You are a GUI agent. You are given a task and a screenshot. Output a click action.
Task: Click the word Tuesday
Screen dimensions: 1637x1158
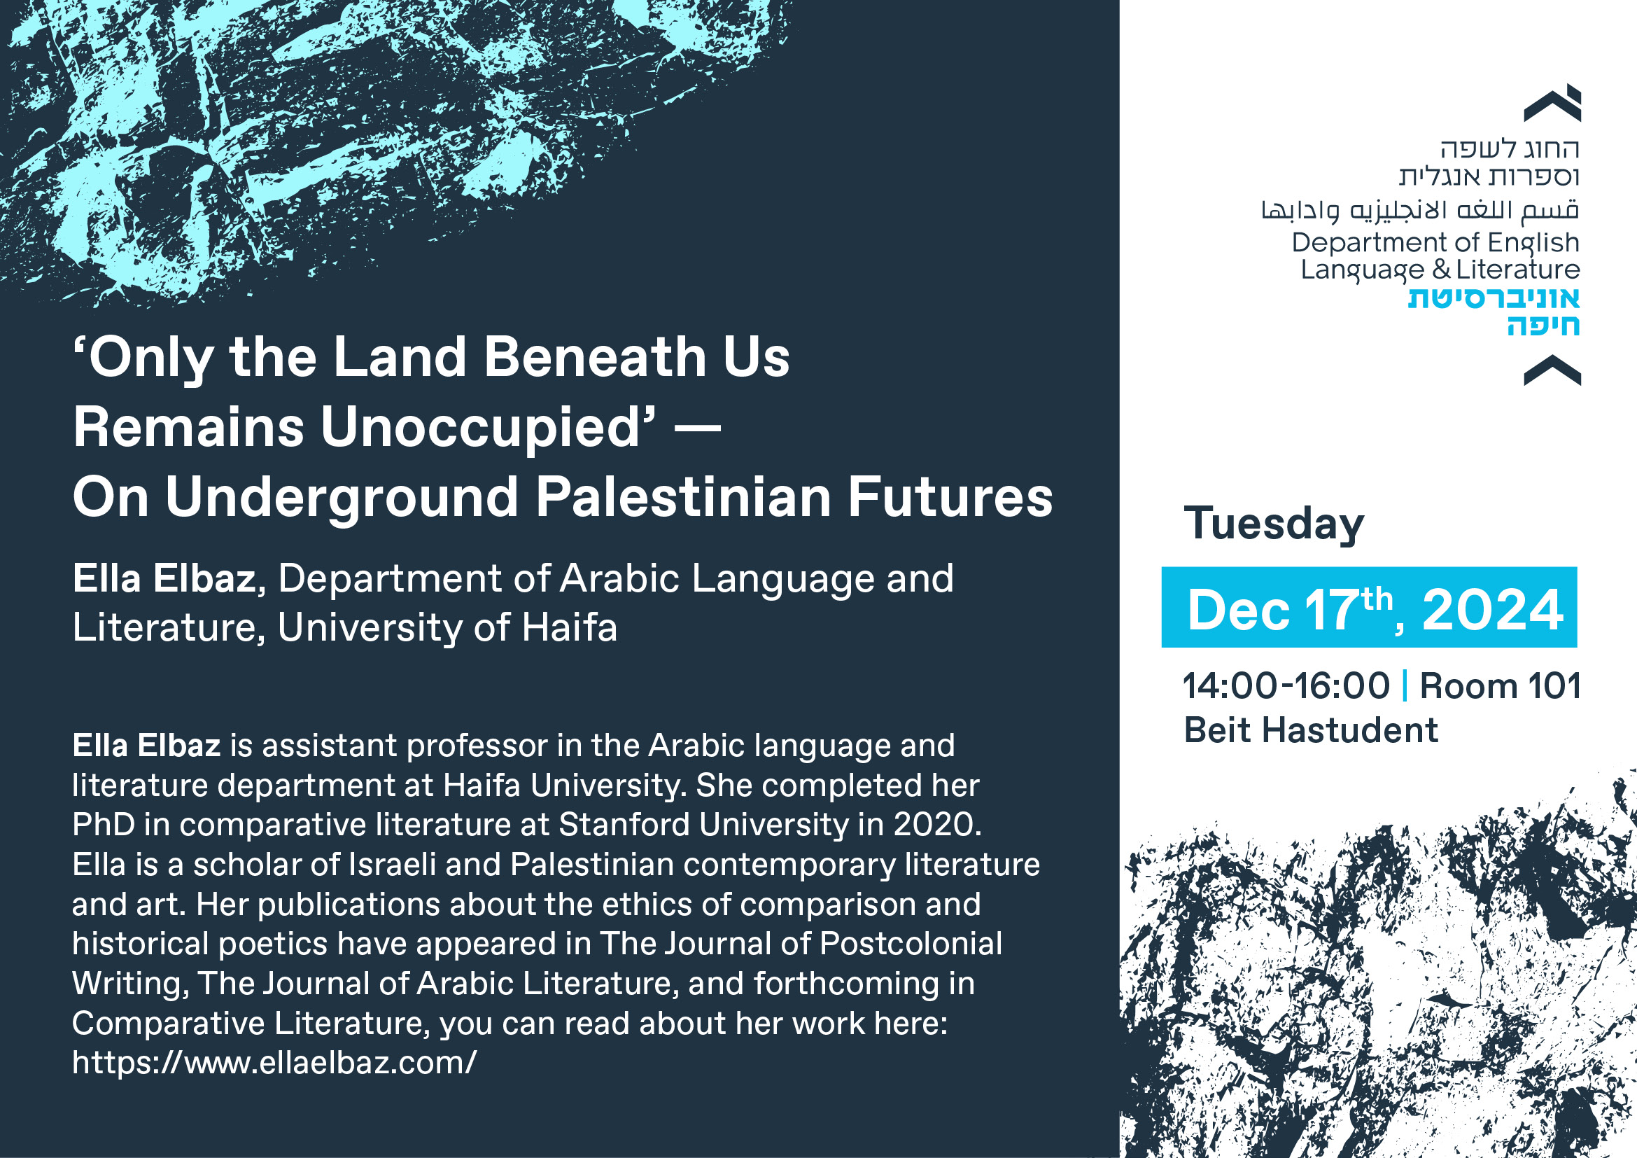coord(1274,525)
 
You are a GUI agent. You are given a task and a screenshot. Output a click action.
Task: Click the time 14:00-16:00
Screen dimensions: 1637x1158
coord(1286,686)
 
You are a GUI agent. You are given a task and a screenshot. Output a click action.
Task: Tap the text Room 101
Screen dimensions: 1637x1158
coord(1500,686)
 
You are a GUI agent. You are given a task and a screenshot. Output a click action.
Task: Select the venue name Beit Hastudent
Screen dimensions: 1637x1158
coord(1310,731)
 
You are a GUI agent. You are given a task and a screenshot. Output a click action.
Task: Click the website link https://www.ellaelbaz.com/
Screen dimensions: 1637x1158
coord(274,1063)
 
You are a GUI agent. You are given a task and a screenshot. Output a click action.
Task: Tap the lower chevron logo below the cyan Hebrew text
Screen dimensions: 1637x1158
coord(1552,370)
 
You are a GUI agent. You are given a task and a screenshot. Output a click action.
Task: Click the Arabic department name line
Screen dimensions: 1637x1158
coord(1420,209)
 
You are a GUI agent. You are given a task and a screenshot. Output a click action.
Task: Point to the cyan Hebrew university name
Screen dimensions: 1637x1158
coord(1494,311)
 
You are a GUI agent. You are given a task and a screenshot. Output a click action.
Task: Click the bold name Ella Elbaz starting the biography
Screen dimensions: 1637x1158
coord(146,746)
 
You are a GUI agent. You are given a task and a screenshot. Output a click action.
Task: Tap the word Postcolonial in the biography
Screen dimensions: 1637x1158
coord(911,944)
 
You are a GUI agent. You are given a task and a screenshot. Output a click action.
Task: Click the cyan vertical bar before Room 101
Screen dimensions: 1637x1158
coord(1405,686)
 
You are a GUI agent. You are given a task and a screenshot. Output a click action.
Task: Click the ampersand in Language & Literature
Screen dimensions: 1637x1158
coord(1441,270)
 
